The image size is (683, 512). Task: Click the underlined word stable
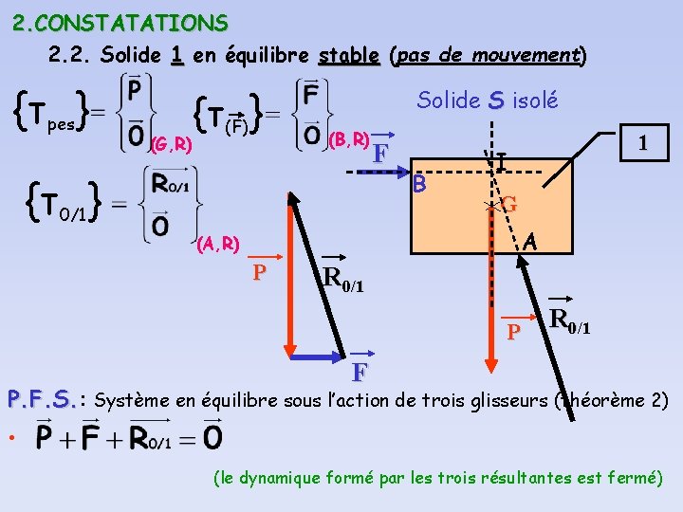[x=349, y=55]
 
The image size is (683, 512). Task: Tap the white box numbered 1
[x=643, y=143]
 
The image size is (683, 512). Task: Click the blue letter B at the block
[x=421, y=183]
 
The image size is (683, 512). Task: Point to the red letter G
[x=509, y=203]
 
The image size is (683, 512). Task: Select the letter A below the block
[x=531, y=243]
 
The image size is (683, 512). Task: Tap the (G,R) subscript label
[x=172, y=145]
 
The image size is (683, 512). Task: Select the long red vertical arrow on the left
[x=289, y=275]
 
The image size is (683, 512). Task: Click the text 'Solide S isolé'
[x=488, y=101]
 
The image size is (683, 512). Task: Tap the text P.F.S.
[x=41, y=399]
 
